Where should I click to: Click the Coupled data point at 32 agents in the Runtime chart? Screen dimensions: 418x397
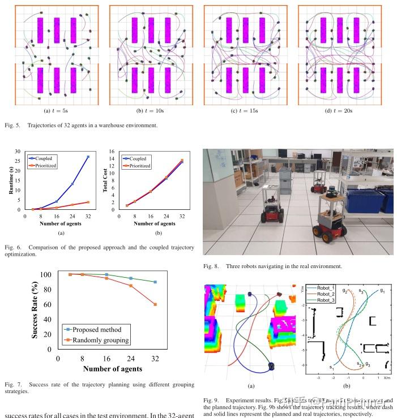point(88,157)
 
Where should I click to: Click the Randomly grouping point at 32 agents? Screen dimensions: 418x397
point(155,304)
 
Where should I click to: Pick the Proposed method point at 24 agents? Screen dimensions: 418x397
point(131,278)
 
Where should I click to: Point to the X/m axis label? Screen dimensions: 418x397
point(387,377)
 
